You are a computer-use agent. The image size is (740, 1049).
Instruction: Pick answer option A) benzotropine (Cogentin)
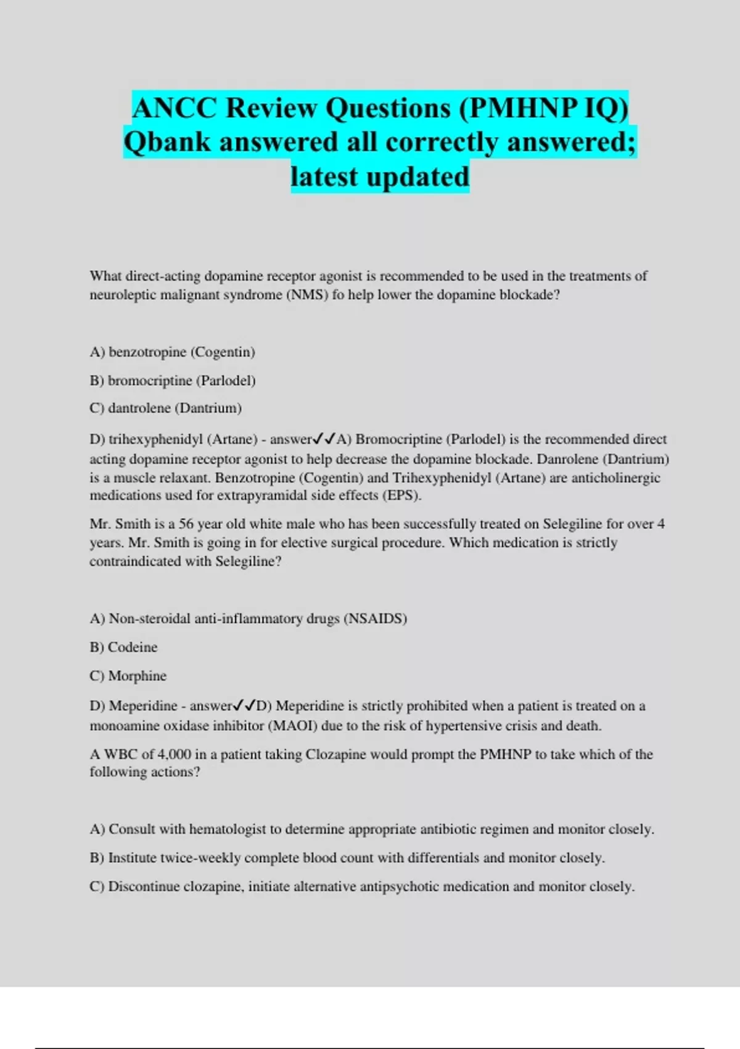pyautogui.click(x=172, y=352)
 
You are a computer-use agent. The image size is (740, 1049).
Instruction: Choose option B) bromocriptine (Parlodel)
pyautogui.click(x=172, y=381)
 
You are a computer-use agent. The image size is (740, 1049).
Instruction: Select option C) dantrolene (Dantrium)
pyautogui.click(x=165, y=408)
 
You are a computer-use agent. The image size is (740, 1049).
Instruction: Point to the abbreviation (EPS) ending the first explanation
pyautogui.click(x=401, y=495)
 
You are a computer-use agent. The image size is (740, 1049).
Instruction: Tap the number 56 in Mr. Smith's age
pyautogui.click(x=186, y=524)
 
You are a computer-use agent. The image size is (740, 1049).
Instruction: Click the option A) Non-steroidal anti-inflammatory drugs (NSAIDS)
pyautogui.click(x=248, y=619)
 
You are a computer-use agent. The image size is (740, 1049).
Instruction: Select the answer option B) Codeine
pyautogui.click(x=123, y=647)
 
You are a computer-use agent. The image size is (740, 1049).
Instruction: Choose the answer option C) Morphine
pyautogui.click(x=128, y=676)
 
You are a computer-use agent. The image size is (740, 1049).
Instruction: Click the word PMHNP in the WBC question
pyautogui.click(x=505, y=755)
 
